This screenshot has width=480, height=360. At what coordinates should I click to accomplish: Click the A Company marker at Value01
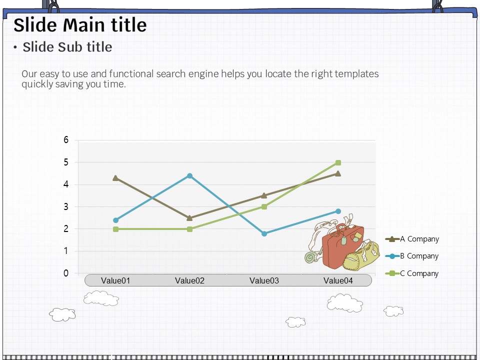[115, 178]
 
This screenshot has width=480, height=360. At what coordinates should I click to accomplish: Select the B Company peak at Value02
[190, 175]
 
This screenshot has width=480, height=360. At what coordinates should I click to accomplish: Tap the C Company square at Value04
[338, 162]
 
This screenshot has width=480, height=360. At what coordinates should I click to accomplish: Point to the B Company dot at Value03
[264, 233]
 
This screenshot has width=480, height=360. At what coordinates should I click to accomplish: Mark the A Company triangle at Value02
[189, 218]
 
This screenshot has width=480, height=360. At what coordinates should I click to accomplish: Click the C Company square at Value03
[264, 207]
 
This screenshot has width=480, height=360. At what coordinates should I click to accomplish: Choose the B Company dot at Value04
[338, 211]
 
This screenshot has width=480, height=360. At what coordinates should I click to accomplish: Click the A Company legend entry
[412, 239]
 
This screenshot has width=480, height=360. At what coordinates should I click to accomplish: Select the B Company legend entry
[411, 256]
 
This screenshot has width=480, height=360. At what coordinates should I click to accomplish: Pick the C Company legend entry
[411, 273]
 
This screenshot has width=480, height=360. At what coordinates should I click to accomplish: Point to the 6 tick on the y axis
[66, 140]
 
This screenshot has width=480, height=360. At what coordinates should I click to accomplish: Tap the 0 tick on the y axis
[66, 273]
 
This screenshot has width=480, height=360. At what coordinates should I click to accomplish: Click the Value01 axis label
[115, 280]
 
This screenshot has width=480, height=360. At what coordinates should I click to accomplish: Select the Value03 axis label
[264, 280]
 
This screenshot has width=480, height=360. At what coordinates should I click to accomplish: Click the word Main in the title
[84, 25]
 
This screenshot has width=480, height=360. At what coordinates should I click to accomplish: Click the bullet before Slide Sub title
[15, 47]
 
